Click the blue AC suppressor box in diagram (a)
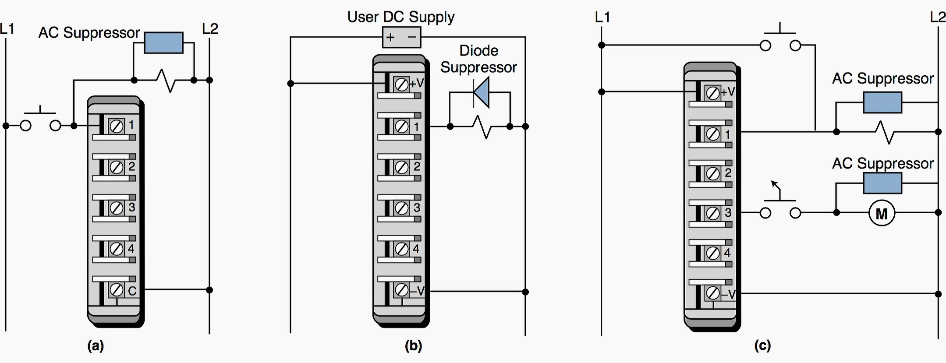[x=163, y=42]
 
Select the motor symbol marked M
[x=881, y=213]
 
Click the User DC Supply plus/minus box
[x=401, y=37]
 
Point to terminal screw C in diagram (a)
[x=116, y=289]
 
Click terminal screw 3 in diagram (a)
[x=116, y=208]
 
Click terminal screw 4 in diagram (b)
[x=401, y=249]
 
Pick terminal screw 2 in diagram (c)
[x=713, y=174]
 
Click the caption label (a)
[x=96, y=346]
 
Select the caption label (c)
[x=762, y=346]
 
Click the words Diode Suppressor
[x=478, y=59]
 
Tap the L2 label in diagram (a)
[x=210, y=29]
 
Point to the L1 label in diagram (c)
[x=602, y=17]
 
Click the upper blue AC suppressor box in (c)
[x=882, y=102]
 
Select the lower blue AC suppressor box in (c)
[x=882, y=183]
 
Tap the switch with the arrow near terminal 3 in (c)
[x=780, y=206]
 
